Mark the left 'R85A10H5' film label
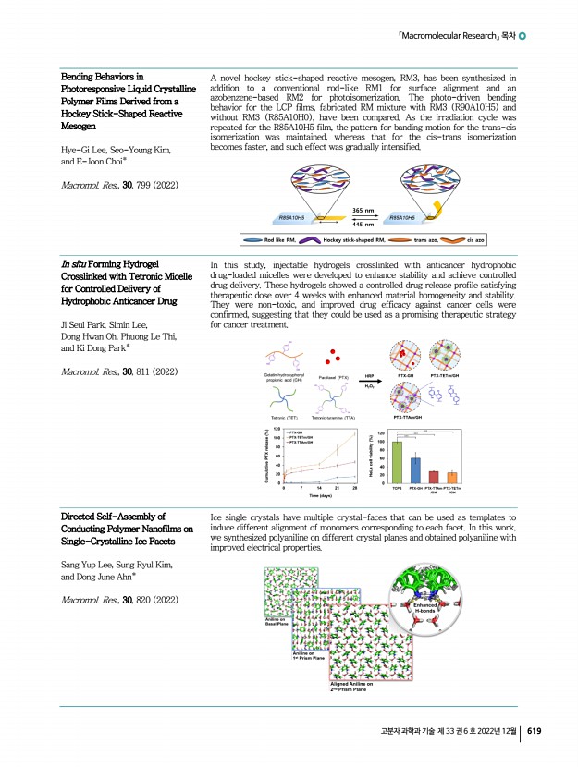[x=294, y=217]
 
